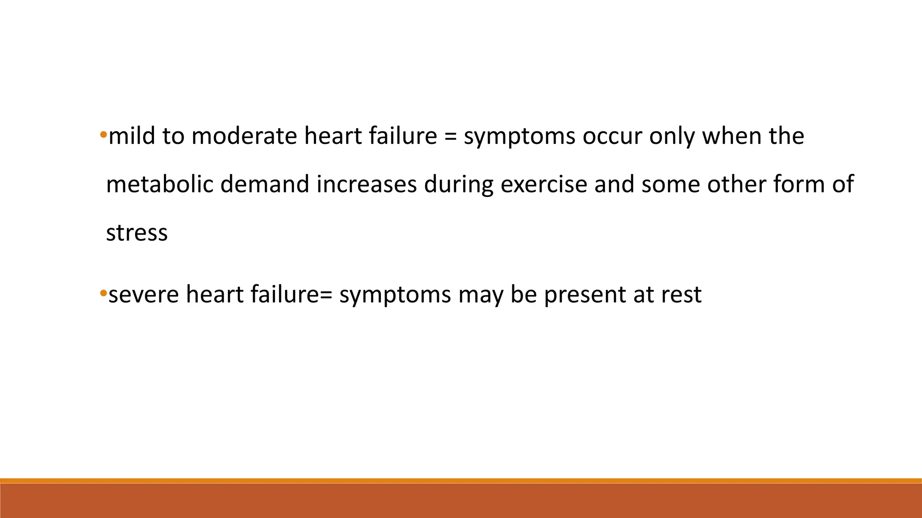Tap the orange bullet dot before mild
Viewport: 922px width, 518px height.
pos(103,134)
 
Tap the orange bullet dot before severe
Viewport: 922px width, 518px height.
pos(103,293)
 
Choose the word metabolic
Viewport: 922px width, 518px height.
pos(159,184)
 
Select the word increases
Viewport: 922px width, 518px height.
pos(366,184)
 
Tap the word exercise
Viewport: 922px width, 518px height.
pos(544,184)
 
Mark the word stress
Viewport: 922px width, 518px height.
pos(137,233)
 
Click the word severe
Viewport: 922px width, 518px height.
pos(144,295)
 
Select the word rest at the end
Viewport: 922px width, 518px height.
pos(681,295)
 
